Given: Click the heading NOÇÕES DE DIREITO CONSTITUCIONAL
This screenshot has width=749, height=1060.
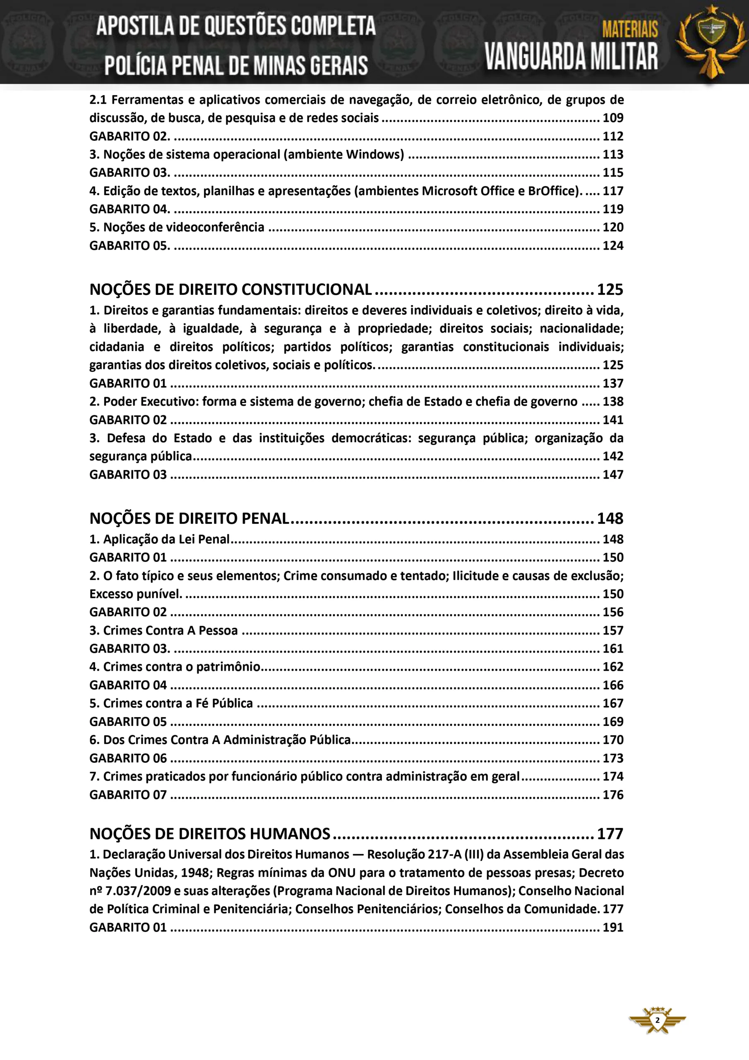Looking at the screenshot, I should coord(230,289).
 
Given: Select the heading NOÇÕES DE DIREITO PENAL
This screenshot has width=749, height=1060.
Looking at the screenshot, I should coord(189,518).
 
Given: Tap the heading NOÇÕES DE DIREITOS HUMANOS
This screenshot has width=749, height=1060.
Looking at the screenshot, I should coord(210,834).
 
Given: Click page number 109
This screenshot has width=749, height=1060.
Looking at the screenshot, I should coord(613,118).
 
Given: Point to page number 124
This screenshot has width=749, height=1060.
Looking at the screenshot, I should coord(613,246).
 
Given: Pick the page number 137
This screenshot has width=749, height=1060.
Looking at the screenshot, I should coord(613,383).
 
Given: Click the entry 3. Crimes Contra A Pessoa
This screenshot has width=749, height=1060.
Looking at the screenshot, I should coord(164,630).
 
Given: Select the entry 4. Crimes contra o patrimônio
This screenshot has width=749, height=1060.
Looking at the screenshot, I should coord(175,667).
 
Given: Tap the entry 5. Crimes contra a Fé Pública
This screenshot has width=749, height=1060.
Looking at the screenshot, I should coord(171,703).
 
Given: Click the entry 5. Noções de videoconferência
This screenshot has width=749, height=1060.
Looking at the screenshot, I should coord(177,227).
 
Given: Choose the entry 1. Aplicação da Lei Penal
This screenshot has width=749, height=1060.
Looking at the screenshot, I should coord(160,539).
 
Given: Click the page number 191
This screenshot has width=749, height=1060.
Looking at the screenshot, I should coord(613,927).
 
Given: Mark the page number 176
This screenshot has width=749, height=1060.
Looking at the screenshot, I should coord(613,795).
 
